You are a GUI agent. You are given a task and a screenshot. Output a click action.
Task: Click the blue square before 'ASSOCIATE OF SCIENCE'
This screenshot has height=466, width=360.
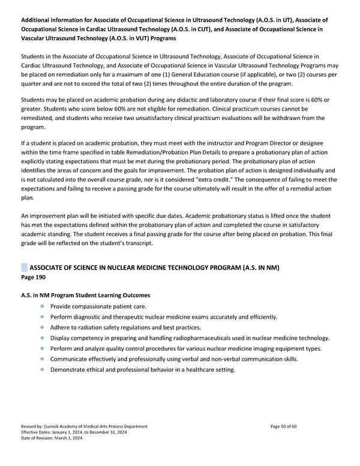[x=25, y=267]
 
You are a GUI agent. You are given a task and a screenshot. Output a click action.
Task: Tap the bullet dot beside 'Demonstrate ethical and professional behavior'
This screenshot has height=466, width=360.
[x=43, y=369]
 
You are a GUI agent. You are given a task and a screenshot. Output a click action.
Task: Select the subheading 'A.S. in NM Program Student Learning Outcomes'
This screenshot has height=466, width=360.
[x=86, y=295]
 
